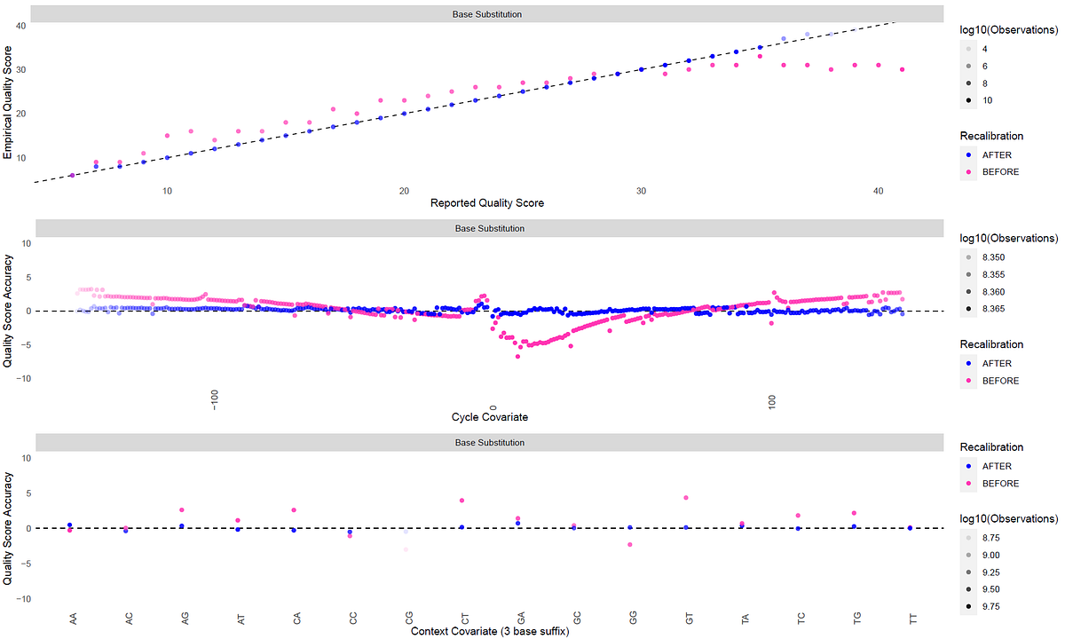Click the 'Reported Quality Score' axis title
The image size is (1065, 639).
coord(487,203)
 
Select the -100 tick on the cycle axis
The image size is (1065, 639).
coord(215,401)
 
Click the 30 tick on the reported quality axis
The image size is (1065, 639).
coord(641,191)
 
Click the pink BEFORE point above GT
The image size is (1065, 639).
coord(686,498)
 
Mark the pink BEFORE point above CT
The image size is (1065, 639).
coord(461,501)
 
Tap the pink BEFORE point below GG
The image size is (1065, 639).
coord(630,545)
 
